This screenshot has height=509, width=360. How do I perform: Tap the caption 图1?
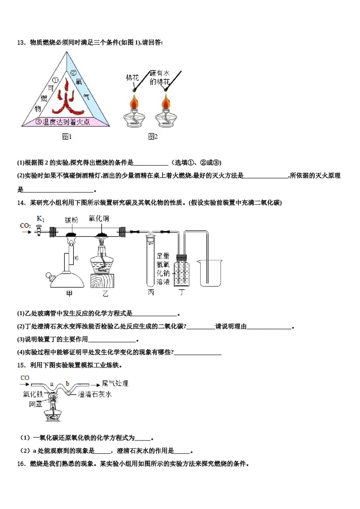pos(67,136)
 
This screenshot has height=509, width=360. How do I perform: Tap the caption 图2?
pos(153,136)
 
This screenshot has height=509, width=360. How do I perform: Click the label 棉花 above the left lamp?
pos(132,78)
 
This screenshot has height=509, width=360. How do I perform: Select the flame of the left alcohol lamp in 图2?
pos(134,101)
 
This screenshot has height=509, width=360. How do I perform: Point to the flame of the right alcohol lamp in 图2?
pos(166,101)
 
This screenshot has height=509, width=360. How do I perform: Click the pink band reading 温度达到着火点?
pos(66,122)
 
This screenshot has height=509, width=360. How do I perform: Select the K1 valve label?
pos(41,219)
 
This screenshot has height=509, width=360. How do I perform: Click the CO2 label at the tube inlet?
pos(25,226)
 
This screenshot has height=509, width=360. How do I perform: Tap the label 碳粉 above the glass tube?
pos(71,220)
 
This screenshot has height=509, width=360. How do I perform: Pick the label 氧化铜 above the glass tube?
pos(99,219)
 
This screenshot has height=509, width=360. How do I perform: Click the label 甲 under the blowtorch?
pos(69,294)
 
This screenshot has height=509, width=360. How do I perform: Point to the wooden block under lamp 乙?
pos(102,281)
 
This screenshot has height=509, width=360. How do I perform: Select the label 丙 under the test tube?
pos(151,292)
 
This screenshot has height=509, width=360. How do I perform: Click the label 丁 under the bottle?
pos(182,292)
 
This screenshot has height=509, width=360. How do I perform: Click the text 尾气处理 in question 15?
pos(115,383)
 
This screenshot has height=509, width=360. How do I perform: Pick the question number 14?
pos(21,203)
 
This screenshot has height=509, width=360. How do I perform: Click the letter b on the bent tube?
pos(67,384)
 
